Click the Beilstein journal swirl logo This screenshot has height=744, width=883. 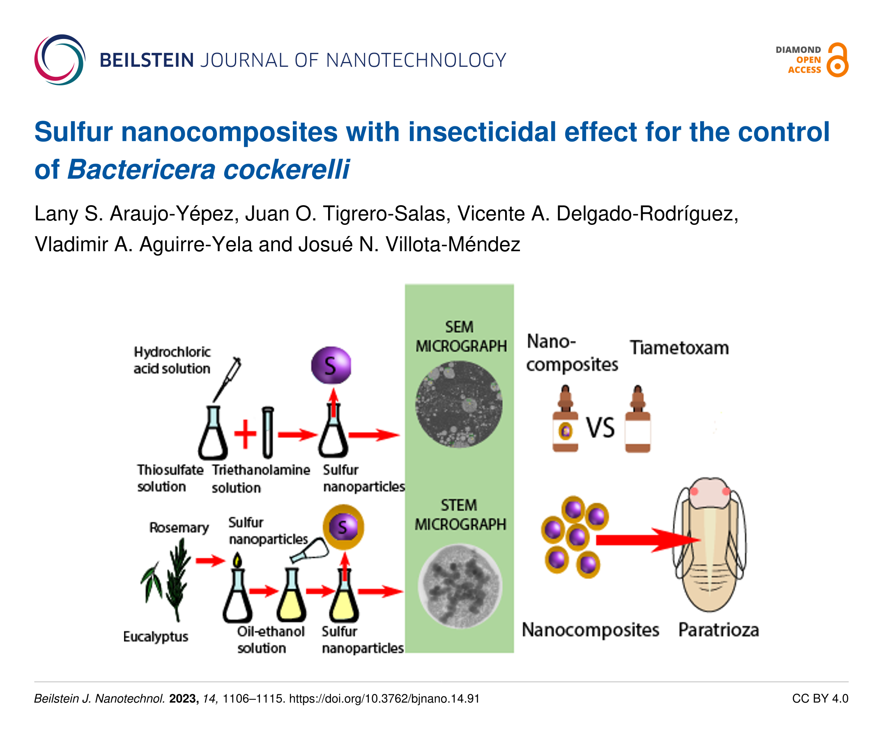pyautogui.click(x=60, y=60)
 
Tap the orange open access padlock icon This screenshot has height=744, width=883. pyautogui.click(x=837, y=60)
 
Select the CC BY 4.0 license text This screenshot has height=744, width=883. pyautogui.click(x=820, y=698)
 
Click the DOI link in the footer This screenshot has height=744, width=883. pyautogui.click(x=384, y=698)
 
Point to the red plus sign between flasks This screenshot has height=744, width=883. pyautogui.click(x=245, y=434)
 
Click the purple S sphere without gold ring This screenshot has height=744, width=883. pyautogui.click(x=331, y=365)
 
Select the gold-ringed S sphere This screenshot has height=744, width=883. pyautogui.click(x=343, y=527)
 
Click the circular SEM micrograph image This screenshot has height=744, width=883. pyautogui.click(x=459, y=404)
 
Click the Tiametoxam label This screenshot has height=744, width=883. pyautogui.click(x=679, y=348)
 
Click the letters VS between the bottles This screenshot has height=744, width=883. pyautogui.click(x=600, y=428)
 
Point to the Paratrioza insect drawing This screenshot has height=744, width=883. pyautogui.click(x=710, y=544)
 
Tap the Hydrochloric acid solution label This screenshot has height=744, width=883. pyautogui.click(x=172, y=360)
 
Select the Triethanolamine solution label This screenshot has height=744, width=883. pyautogui.click(x=260, y=478)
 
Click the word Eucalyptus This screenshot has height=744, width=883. pyautogui.click(x=155, y=636)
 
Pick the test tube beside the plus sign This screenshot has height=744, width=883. pyautogui.click(x=268, y=432)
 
